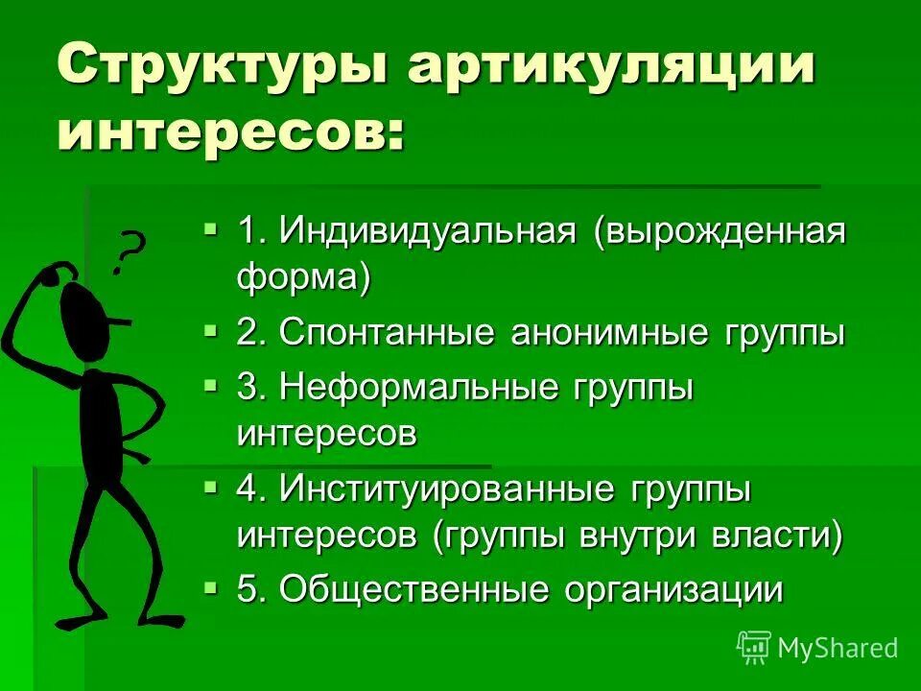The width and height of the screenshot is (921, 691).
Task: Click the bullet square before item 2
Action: coord(211,329)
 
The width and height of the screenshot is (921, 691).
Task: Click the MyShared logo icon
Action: coord(753,647)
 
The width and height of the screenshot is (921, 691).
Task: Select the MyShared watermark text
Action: coord(838,648)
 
